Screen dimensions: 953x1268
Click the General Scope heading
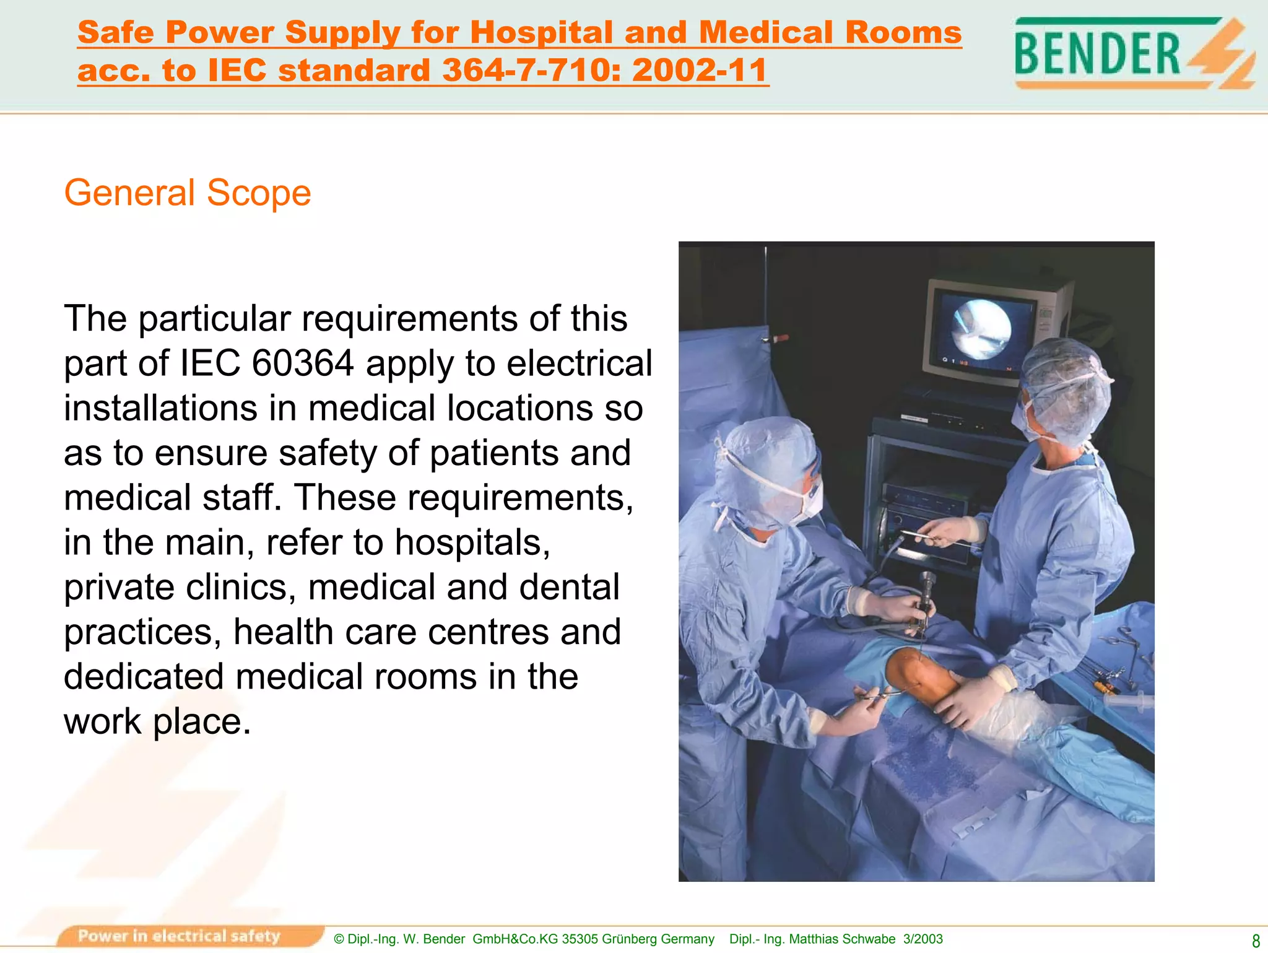(x=187, y=193)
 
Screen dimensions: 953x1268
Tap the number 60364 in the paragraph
(x=303, y=363)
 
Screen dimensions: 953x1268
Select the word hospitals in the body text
(x=472, y=542)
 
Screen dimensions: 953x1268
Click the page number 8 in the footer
(x=1255, y=941)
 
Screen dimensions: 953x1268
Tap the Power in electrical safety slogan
(x=180, y=936)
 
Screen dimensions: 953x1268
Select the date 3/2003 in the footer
(x=923, y=939)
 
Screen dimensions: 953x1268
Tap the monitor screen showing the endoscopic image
(x=982, y=329)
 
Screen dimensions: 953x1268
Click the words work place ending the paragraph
(x=157, y=722)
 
